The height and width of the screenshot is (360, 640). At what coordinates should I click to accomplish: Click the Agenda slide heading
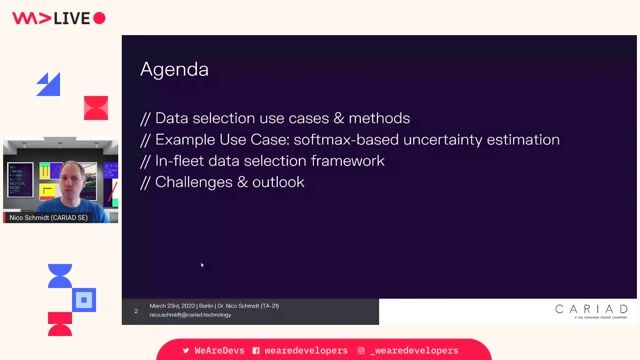(174, 69)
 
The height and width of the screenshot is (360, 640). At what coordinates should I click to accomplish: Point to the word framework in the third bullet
(349, 161)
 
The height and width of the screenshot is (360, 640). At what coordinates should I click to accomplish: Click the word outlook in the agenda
(278, 182)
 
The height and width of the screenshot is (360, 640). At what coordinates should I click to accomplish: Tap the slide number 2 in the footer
(135, 311)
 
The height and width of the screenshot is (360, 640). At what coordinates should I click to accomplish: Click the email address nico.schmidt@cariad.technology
(190, 315)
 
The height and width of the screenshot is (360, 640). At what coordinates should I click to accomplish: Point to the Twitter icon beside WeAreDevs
(186, 351)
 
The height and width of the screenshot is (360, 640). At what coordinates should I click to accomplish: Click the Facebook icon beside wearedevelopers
(257, 351)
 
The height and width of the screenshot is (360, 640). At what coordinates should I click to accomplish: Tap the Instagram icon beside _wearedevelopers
(360, 351)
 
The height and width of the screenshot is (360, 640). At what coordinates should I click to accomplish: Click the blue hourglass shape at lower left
(60, 276)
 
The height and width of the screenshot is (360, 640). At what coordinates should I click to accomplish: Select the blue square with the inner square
(85, 298)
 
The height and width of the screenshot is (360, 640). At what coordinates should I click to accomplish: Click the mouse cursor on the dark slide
(202, 265)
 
